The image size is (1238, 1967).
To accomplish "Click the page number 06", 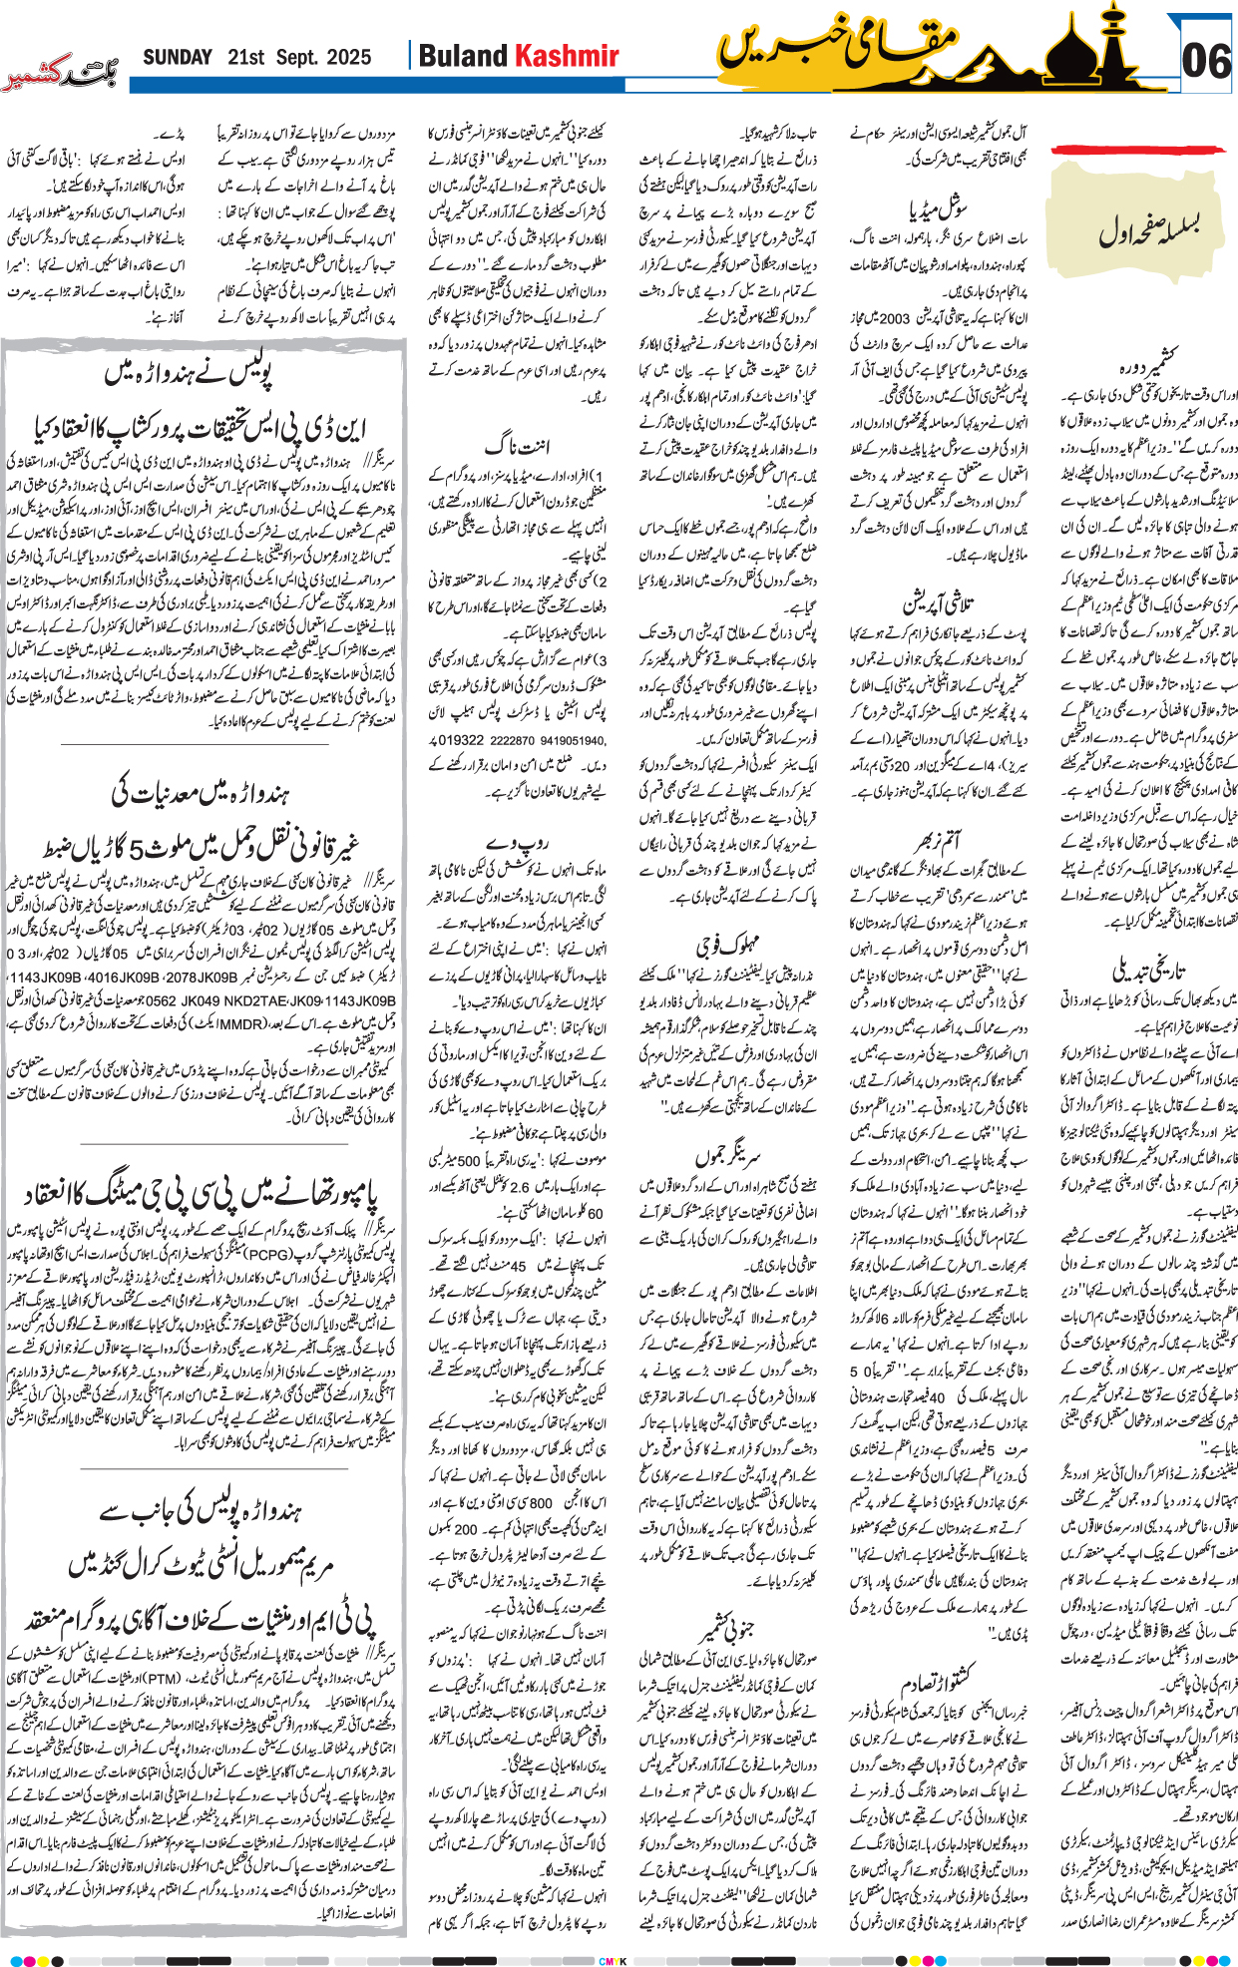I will (x=1206, y=61).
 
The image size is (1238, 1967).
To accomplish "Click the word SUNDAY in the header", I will (x=178, y=58).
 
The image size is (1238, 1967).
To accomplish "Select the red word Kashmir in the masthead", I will (x=566, y=57).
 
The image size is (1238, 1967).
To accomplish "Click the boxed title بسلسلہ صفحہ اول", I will (x=1147, y=228).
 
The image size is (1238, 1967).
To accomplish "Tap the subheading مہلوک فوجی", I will (x=727, y=942).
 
